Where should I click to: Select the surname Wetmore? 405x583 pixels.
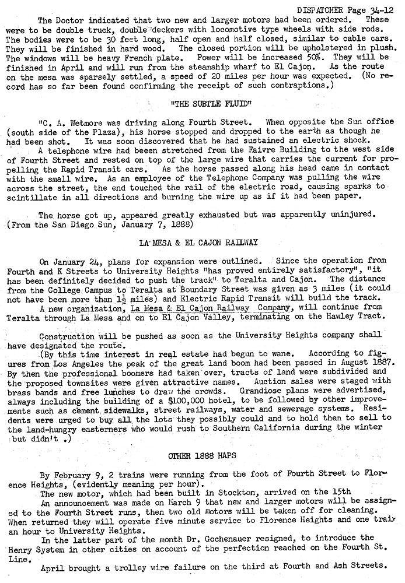84,123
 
